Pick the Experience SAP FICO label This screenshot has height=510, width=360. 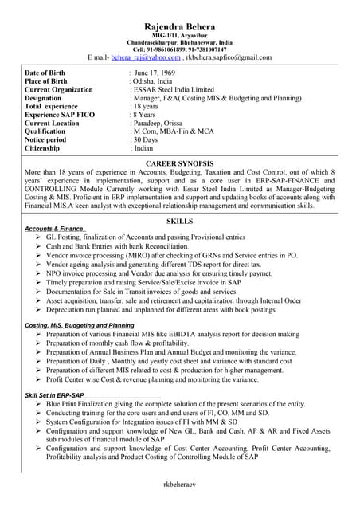pyautogui.click(x=60, y=115)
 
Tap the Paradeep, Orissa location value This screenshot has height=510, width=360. pyautogui.click(x=159, y=124)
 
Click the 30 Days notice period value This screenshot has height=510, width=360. pyautogui.click(x=146, y=140)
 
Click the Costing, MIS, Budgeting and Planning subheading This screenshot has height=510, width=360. pyautogui.click(x=80, y=326)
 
